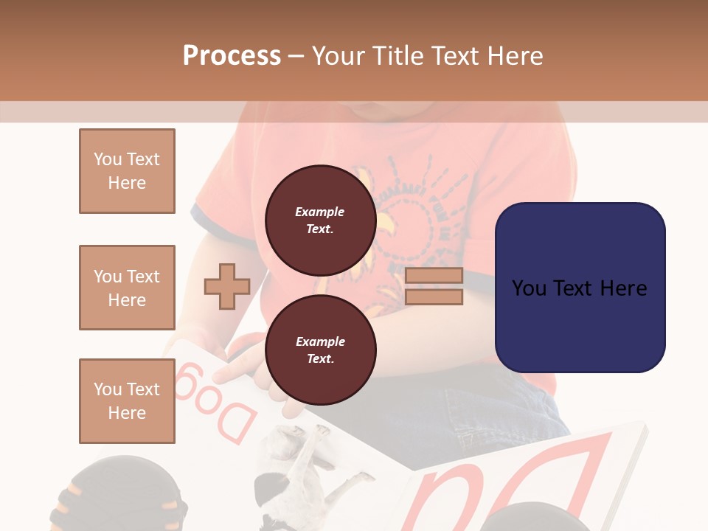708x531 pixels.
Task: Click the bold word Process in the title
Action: click(232, 56)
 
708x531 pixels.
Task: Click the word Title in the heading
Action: click(397, 56)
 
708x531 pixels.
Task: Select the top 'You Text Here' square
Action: click(127, 171)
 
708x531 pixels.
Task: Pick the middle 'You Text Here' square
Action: click(127, 288)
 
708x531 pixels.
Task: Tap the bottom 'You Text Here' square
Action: click(127, 400)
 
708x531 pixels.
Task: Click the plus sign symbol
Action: click(227, 286)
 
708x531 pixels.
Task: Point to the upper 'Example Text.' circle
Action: click(320, 220)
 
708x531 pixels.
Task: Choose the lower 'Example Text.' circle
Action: click(320, 350)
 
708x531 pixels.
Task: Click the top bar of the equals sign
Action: click(434, 276)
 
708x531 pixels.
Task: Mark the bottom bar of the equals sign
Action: click(434, 296)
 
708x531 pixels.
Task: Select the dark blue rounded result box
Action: click(580, 287)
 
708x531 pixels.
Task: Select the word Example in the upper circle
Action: click(320, 212)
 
